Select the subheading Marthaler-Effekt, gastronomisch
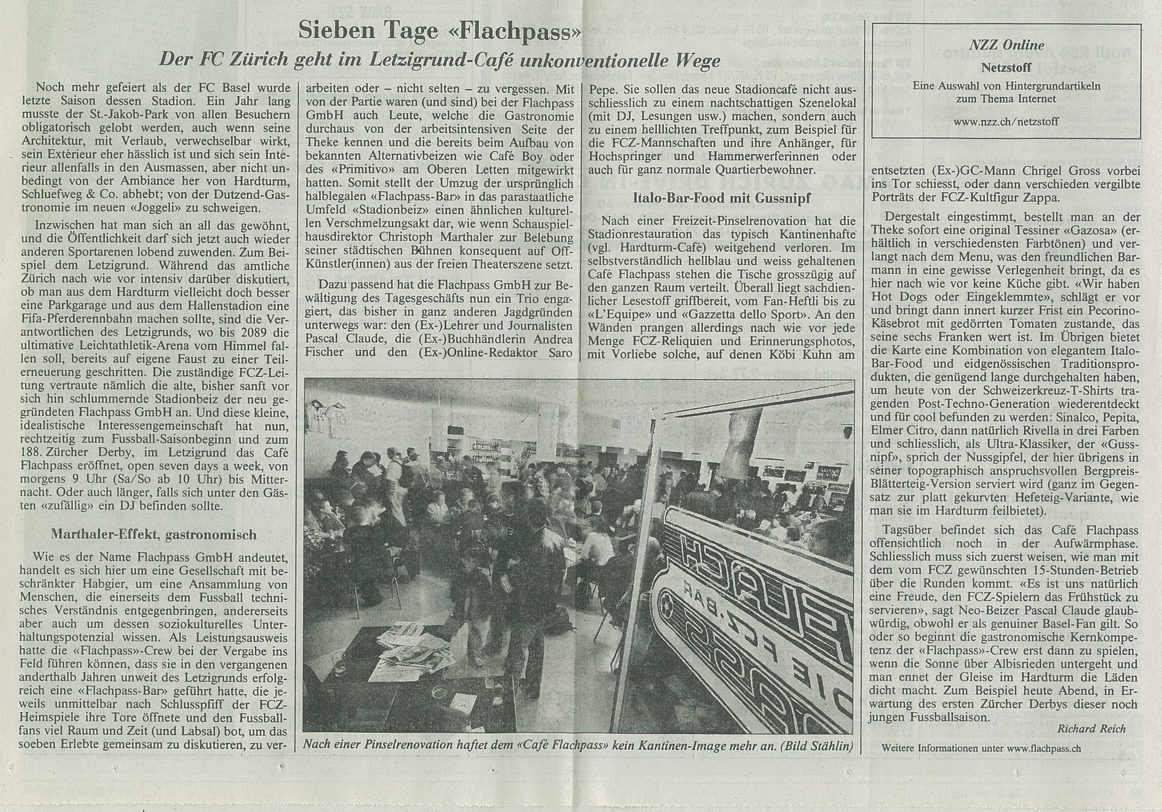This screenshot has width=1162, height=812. click(154, 534)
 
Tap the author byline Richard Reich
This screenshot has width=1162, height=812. click(1091, 729)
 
